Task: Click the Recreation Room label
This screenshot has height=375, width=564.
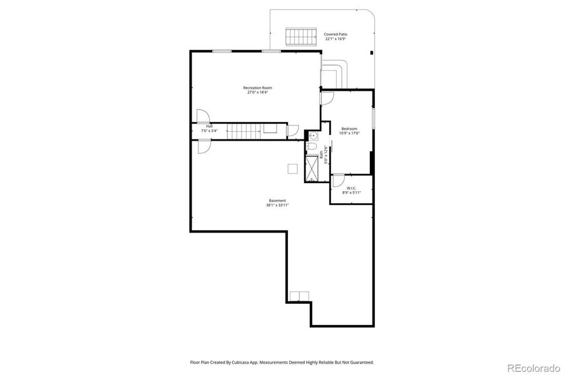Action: tap(257, 87)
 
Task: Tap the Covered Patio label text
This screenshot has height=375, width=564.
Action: tap(337, 34)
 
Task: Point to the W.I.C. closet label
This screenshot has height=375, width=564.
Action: tap(351, 188)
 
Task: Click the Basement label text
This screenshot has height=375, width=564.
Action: tap(277, 201)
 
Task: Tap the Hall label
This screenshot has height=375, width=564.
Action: tap(209, 126)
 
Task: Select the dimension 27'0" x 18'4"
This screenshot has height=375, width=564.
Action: tap(257, 92)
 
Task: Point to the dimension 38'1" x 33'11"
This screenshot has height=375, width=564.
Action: tap(277, 206)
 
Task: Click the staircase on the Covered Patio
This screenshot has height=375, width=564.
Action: tap(299, 37)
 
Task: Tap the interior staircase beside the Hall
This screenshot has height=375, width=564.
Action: tap(244, 131)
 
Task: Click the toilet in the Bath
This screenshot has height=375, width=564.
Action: tap(311, 147)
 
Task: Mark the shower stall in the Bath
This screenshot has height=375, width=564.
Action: tap(312, 168)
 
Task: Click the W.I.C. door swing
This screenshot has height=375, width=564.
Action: tap(337, 181)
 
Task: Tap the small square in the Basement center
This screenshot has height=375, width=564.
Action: tap(292, 168)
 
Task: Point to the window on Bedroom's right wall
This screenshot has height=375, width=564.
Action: tap(374, 117)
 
